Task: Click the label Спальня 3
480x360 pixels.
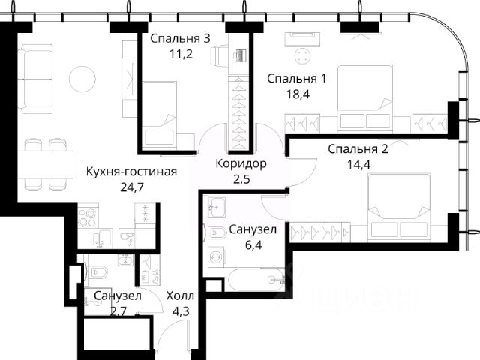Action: tap(180, 38)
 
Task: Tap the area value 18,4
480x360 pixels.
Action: tap(298, 94)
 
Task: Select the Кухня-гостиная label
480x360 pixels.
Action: tap(132, 172)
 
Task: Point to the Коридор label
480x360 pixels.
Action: tap(241, 163)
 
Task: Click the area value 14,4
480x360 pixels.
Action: tap(358, 165)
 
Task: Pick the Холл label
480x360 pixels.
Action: tap(180, 296)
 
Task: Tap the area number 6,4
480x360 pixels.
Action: tap(253, 245)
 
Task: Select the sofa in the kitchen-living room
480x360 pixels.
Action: tap(35, 79)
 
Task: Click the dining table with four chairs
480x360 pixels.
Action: tap(45, 165)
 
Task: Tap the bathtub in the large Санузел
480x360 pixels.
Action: tap(256, 279)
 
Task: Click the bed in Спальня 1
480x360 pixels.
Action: tap(364, 99)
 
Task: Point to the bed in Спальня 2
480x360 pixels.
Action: tap(398, 205)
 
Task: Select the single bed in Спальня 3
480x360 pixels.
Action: tap(160, 115)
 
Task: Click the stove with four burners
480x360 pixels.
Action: tap(88, 217)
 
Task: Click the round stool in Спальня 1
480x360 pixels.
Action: tap(303, 56)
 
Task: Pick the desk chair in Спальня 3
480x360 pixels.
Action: tap(219, 55)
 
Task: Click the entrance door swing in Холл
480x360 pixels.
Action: tap(174, 334)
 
